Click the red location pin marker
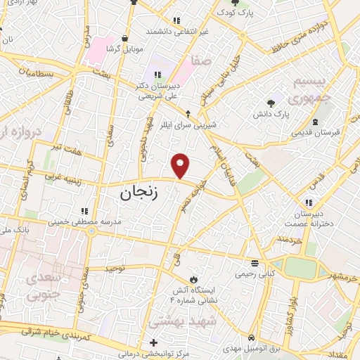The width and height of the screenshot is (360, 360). (x=181, y=166)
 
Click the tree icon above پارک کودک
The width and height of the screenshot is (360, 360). (x=235, y=4)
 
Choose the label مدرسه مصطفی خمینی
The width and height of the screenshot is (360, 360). (x=86, y=222)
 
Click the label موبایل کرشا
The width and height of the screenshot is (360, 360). (x=125, y=49)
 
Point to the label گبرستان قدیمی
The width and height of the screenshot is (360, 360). (x=316, y=131)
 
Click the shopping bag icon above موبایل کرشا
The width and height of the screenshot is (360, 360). (x=125, y=38)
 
